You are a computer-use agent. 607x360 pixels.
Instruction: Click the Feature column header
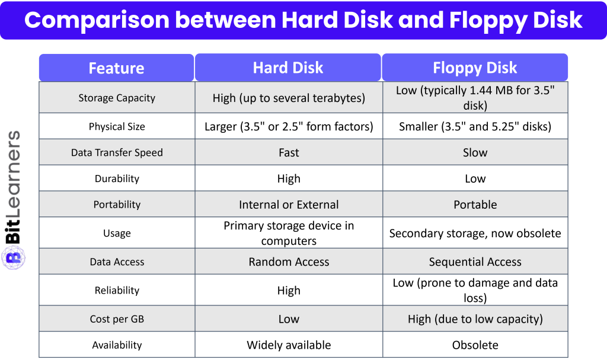click(x=116, y=68)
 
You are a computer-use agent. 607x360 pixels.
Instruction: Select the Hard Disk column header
click(x=288, y=68)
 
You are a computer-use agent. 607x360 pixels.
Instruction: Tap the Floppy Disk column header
click(x=475, y=68)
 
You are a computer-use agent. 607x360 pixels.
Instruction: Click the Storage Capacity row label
click(x=117, y=98)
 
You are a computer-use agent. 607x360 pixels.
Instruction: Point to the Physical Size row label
click(x=117, y=126)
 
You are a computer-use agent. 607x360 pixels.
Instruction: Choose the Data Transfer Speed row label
click(x=117, y=152)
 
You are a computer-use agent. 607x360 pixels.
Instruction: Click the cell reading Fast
click(x=289, y=152)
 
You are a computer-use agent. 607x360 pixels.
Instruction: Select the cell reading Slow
click(x=475, y=152)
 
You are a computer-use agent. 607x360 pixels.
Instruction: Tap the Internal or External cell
click(x=289, y=205)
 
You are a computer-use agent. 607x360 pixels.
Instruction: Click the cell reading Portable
click(x=475, y=205)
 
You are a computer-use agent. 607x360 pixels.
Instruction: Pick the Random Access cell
click(x=289, y=262)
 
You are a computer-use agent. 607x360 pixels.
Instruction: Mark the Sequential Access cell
click(x=475, y=262)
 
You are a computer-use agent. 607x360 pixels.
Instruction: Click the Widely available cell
click(x=289, y=345)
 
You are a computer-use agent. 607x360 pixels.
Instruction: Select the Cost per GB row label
click(x=117, y=318)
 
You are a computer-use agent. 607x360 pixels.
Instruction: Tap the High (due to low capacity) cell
click(x=475, y=318)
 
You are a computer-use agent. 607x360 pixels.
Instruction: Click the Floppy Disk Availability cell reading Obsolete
click(x=475, y=345)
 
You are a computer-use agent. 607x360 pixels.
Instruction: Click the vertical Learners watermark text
click(x=13, y=174)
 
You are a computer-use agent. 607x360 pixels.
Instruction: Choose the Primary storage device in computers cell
click(x=289, y=233)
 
